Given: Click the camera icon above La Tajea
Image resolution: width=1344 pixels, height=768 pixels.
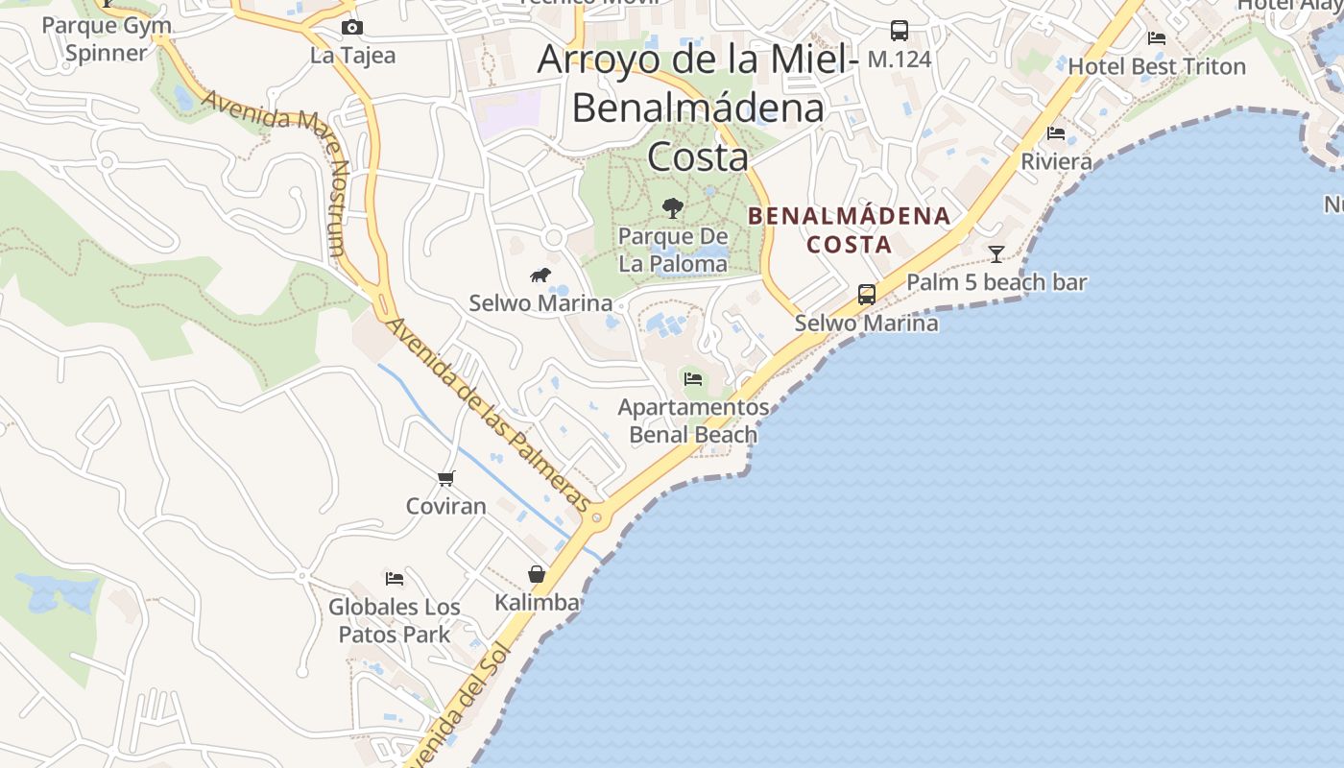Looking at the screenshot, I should (352, 27).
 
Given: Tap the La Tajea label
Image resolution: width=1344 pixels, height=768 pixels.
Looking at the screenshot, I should (352, 56).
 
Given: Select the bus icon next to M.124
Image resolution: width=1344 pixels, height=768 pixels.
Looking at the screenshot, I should (899, 31).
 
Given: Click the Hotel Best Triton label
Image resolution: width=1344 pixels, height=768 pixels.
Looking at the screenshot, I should (1157, 67).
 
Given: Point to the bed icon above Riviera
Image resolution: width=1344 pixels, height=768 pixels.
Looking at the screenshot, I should (1056, 133).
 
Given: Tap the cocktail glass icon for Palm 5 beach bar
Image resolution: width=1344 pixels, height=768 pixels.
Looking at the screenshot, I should (996, 254).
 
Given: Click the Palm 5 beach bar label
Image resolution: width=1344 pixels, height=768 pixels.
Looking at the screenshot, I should (996, 282).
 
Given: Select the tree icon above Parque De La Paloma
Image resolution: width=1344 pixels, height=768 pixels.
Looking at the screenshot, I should (673, 207).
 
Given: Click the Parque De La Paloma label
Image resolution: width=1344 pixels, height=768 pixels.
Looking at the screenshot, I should (673, 250).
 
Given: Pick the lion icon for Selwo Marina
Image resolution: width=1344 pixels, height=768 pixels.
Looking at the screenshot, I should (540, 276).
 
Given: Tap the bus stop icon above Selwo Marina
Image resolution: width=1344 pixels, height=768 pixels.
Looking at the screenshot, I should (866, 295).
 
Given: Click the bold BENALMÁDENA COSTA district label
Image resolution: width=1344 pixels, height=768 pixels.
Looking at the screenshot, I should (850, 230).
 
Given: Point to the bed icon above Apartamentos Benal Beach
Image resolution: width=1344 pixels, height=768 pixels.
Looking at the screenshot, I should (693, 379).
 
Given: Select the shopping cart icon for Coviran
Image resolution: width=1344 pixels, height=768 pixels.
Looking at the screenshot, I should (445, 478).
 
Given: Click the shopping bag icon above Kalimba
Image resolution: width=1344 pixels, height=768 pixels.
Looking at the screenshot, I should (537, 574).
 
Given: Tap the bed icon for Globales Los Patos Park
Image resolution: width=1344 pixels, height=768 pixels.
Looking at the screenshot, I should (395, 578).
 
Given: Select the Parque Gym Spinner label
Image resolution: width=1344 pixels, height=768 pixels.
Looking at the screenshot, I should (107, 38).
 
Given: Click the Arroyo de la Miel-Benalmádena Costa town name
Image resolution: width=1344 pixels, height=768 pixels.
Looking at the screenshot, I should (697, 107).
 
